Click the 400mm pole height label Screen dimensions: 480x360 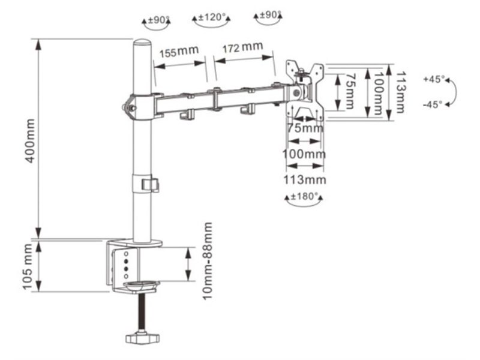(30, 141)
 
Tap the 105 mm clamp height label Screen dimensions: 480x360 (28, 266)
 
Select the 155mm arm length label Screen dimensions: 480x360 (179, 51)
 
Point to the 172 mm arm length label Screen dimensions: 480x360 (242, 47)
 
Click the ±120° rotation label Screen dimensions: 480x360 (212, 17)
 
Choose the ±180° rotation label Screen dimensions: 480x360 (304, 196)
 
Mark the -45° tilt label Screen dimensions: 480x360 (433, 104)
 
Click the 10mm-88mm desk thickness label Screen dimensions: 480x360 (208, 261)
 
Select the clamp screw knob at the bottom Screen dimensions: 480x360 (143, 338)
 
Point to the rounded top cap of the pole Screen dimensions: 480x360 (142, 43)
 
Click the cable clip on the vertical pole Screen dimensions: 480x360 (150, 184)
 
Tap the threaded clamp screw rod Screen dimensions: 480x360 (142, 311)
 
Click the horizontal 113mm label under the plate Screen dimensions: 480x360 (304, 179)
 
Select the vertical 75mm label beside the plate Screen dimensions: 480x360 (350, 91)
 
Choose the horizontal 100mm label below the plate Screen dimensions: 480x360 (304, 154)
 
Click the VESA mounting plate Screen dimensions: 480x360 (305, 88)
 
